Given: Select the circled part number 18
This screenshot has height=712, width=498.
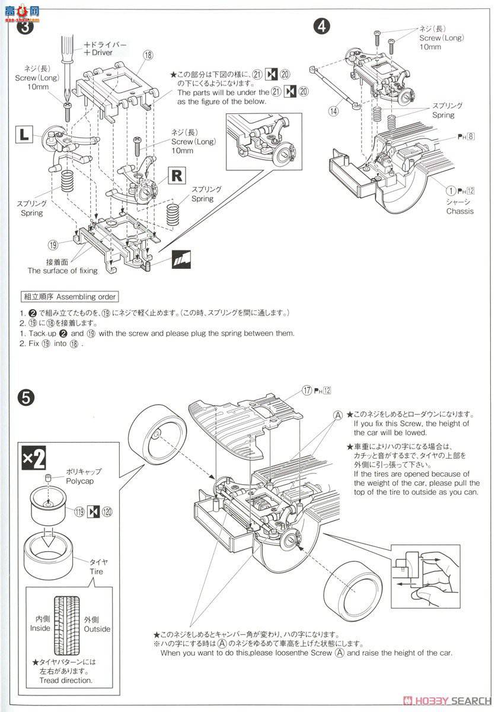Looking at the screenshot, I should coord(148,55).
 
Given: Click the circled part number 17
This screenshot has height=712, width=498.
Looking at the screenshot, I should coord(307,390).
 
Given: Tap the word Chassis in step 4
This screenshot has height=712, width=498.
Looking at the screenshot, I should coord(459,211).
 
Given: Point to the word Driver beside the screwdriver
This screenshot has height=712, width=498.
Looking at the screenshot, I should coord(102,53).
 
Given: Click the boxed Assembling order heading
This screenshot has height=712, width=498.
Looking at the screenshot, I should coord(69,297).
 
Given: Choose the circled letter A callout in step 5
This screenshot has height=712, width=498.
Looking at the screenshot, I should coord(338,415).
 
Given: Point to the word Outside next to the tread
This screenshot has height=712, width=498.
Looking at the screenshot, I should coord(97,629).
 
